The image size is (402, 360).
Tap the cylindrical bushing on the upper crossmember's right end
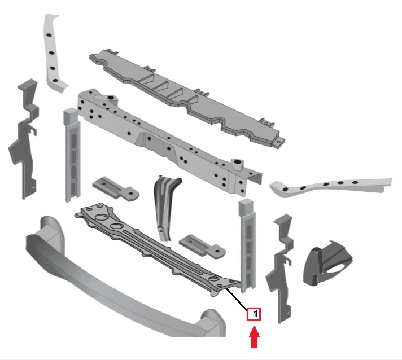pyautogui.click(x=238, y=164)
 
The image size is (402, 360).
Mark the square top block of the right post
pyautogui.click(x=247, y=207)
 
